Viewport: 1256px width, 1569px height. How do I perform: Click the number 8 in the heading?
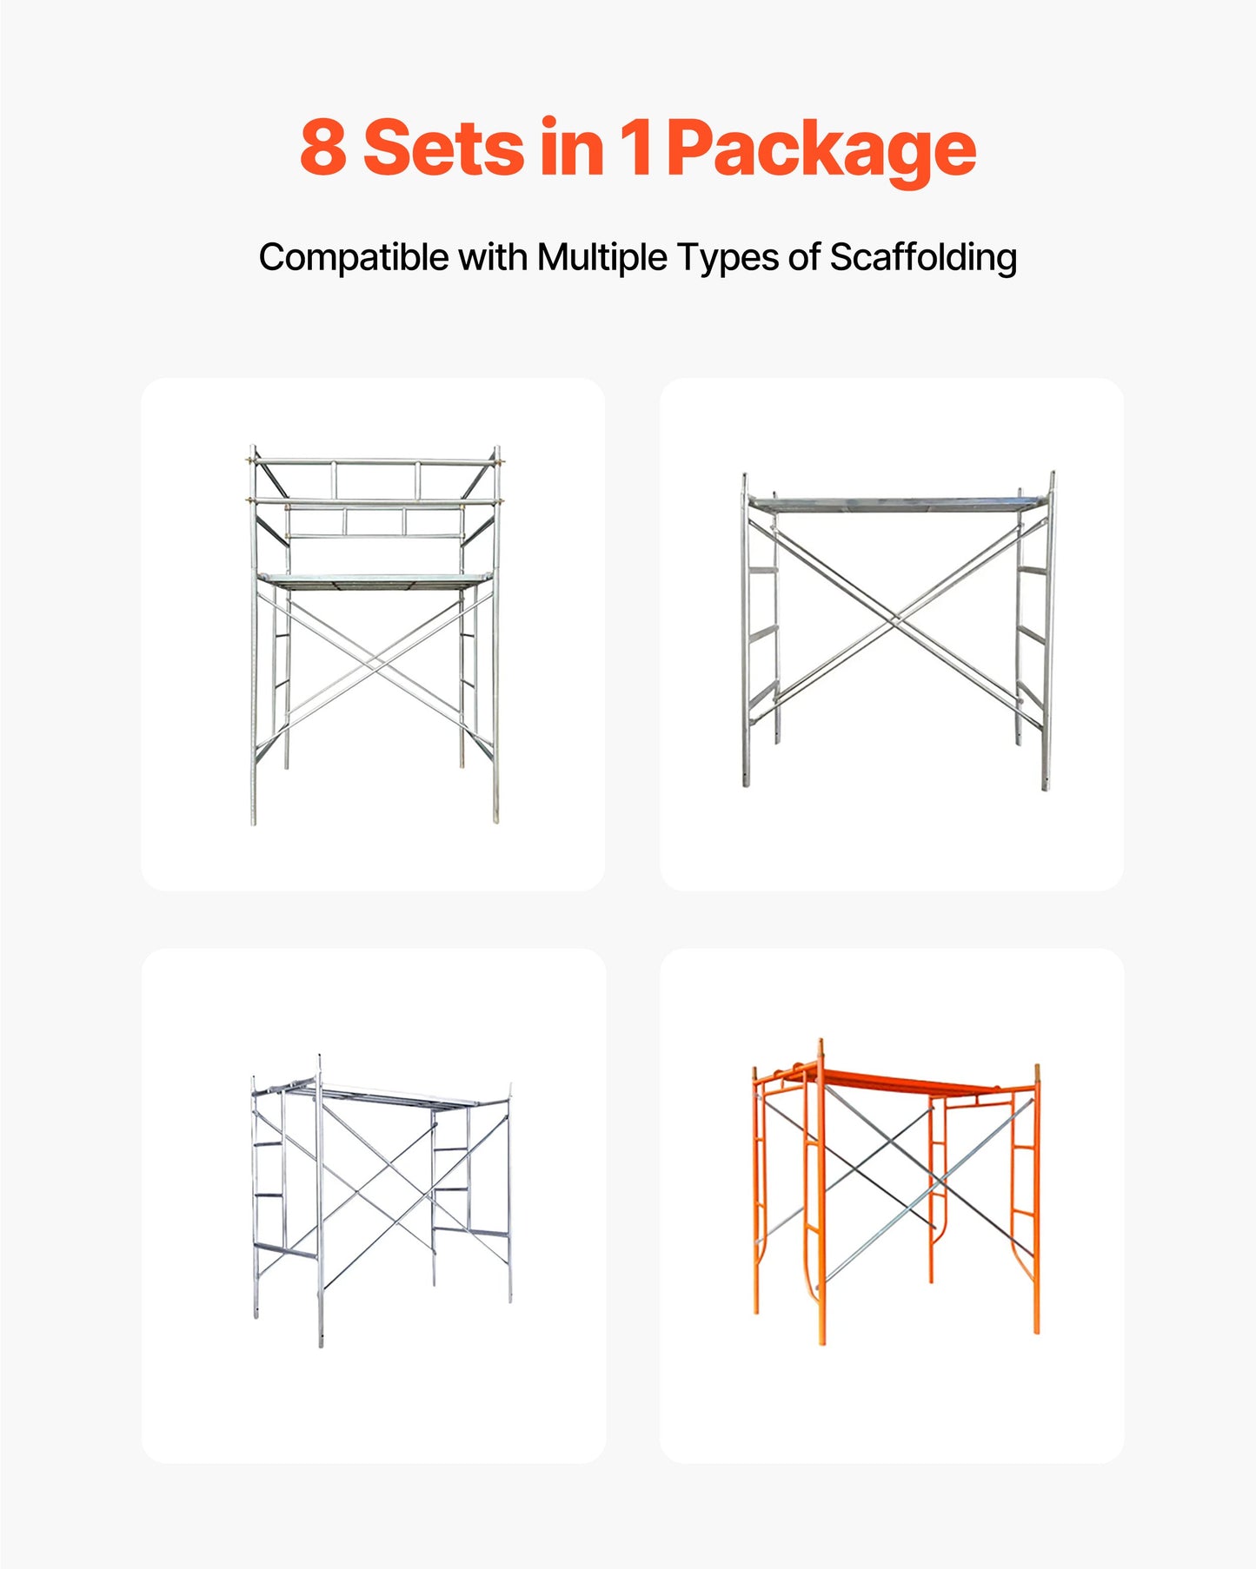click(x=323, y=148)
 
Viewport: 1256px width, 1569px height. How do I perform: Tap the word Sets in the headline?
click(x=443, y=148)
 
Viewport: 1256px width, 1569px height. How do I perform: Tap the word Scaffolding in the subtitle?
click(x=922, y=258)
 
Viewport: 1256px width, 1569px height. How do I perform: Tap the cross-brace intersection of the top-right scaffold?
click(x=898, y=619)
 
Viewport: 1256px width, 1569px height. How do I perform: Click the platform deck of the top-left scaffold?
click(x=374, y=579)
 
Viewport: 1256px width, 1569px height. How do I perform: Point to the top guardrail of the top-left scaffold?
click(x=374, y=461)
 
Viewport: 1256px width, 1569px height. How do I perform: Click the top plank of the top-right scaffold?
click(x=895, y=503)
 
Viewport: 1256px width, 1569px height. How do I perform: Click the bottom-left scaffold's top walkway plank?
click(x=382, y=1096)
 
